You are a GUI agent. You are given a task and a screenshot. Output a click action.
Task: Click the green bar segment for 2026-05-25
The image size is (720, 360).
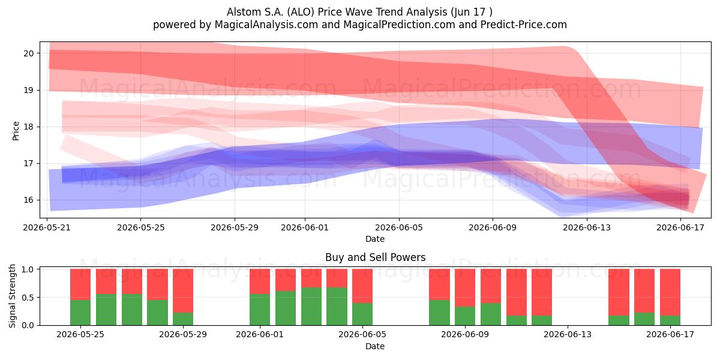(x=80, y=313)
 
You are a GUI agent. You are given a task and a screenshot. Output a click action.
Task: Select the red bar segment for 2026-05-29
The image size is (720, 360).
(x=183, y=290)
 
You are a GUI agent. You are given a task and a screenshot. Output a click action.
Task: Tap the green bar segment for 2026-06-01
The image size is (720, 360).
(x=260, y=310)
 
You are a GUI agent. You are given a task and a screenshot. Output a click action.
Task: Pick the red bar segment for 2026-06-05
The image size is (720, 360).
(x=362, y=286)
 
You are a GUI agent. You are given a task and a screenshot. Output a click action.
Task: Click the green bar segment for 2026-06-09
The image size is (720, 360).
(x=465, y=316)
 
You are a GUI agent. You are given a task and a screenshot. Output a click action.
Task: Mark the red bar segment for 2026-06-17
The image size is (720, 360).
(x=670, y=292)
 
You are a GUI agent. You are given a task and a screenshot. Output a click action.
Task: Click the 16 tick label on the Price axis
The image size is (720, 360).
(x=28, y=200)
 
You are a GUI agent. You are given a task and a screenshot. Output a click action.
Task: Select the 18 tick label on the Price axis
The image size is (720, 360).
(x=28, y=127)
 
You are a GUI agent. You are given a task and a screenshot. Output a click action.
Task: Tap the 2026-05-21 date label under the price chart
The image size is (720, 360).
(x=47, y=227)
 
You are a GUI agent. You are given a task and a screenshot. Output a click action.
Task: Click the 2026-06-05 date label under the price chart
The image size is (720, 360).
(x=399, y=227)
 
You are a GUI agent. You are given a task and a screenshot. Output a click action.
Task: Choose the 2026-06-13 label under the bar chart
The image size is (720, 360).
(x=568, y=335)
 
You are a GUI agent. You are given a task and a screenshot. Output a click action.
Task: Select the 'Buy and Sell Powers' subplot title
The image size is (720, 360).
(x=375, y=257)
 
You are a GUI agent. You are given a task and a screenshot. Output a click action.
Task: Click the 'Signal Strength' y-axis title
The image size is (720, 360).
(x=12, y=296)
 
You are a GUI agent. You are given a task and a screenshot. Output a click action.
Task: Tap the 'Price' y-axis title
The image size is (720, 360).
(x=16, y=131)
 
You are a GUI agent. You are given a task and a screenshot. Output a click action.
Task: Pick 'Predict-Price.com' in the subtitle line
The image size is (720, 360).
(x=524, y=25)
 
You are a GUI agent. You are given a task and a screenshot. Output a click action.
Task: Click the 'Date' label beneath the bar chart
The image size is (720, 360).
(x=375, y=346)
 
